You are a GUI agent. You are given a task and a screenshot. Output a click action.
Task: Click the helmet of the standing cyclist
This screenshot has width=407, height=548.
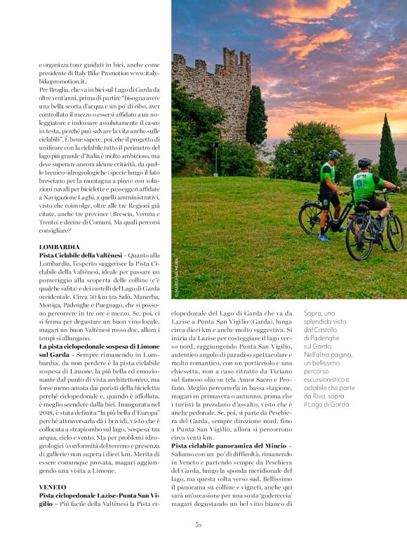[x=335, y=154]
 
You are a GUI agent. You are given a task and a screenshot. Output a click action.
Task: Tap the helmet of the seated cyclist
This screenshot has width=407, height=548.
[x=364, y=163]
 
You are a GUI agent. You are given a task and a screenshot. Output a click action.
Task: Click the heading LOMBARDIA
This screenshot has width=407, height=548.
[x=59, y=247]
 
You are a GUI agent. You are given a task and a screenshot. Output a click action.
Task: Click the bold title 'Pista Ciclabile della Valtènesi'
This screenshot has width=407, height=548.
[x=81, y=255]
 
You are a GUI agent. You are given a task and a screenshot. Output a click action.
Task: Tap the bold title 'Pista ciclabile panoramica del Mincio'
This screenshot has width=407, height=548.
[x=232, y=446]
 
